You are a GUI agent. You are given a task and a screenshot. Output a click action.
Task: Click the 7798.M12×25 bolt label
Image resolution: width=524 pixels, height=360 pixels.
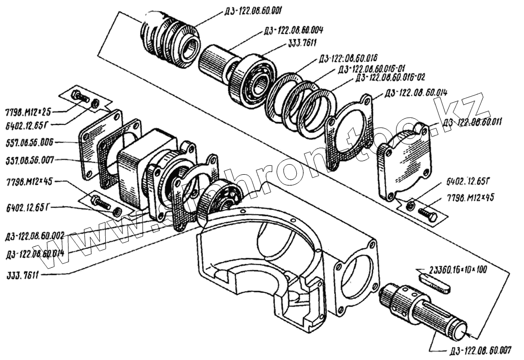(x=28, y=110)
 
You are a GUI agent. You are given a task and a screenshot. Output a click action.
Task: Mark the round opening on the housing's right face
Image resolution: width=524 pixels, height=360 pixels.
(x=361, y=270)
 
